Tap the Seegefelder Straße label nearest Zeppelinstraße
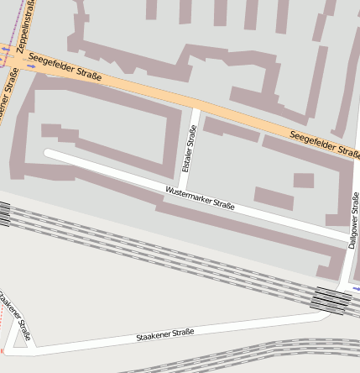(65, 67)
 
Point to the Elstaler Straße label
(189, 149)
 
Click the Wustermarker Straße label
(200, 197)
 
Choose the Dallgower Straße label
(354, 220)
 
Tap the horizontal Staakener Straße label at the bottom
(164, 334)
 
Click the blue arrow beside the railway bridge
(356, 288)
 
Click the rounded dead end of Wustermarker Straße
(49, 154)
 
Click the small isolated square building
(303, 181)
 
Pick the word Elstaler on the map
(187, 157)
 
